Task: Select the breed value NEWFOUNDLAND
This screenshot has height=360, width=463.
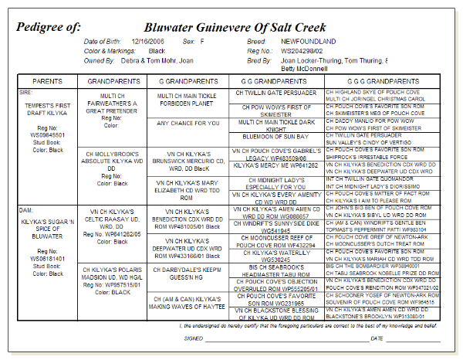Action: click(309, 41)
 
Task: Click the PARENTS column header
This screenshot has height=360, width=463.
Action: click(48, 80)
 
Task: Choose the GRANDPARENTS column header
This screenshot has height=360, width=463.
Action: click(113, 80)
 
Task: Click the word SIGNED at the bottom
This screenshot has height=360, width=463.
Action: click(194, 338)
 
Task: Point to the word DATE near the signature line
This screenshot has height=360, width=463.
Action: click(377, 338)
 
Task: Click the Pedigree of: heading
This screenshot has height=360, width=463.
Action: click(48, 26)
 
